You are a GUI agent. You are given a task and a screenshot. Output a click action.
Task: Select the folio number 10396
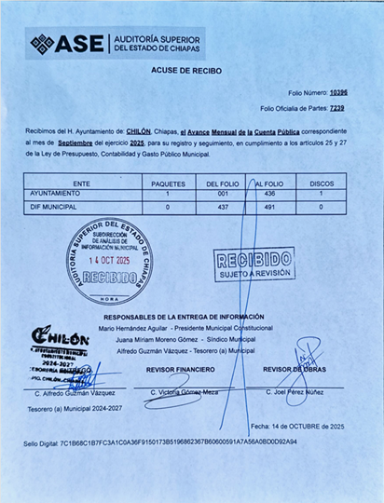(x=338, y=93)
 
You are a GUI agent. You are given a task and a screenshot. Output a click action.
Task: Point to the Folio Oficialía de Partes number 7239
(x=337, y=108)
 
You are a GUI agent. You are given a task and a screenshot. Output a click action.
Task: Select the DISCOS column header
(x=322, y=184)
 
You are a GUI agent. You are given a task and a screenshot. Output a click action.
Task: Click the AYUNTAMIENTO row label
(x=55, y=194)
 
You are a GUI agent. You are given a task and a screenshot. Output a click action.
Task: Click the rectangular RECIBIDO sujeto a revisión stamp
(x=254, y=265)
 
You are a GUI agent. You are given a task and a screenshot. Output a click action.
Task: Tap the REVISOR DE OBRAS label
(x=295, y=370)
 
